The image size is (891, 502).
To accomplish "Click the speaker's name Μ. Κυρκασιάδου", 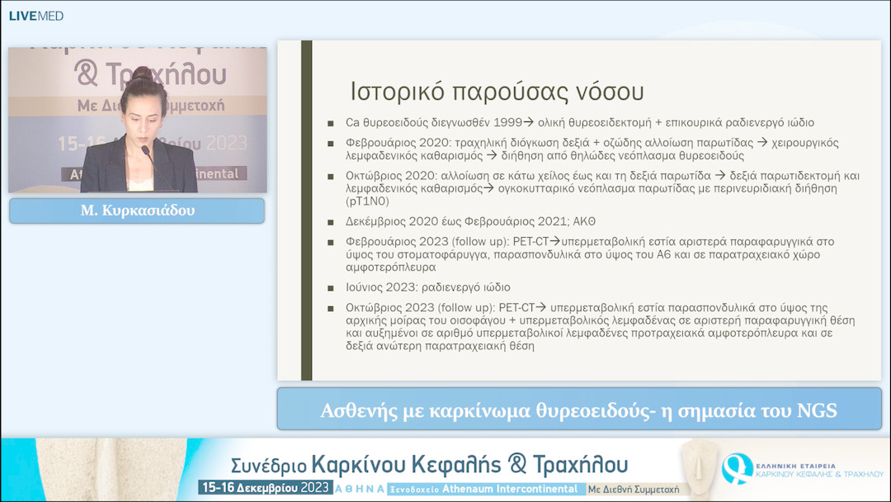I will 137,211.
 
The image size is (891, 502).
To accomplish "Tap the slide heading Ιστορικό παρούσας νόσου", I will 497,90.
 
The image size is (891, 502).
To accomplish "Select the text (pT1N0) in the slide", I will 373,201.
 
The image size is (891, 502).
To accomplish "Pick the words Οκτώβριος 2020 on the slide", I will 386,176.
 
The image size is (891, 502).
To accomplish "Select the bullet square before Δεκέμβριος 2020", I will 331,222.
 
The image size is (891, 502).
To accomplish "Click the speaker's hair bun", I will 143,75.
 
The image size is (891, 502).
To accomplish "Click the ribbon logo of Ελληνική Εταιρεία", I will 733,468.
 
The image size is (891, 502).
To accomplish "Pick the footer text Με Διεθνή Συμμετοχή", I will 634,489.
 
